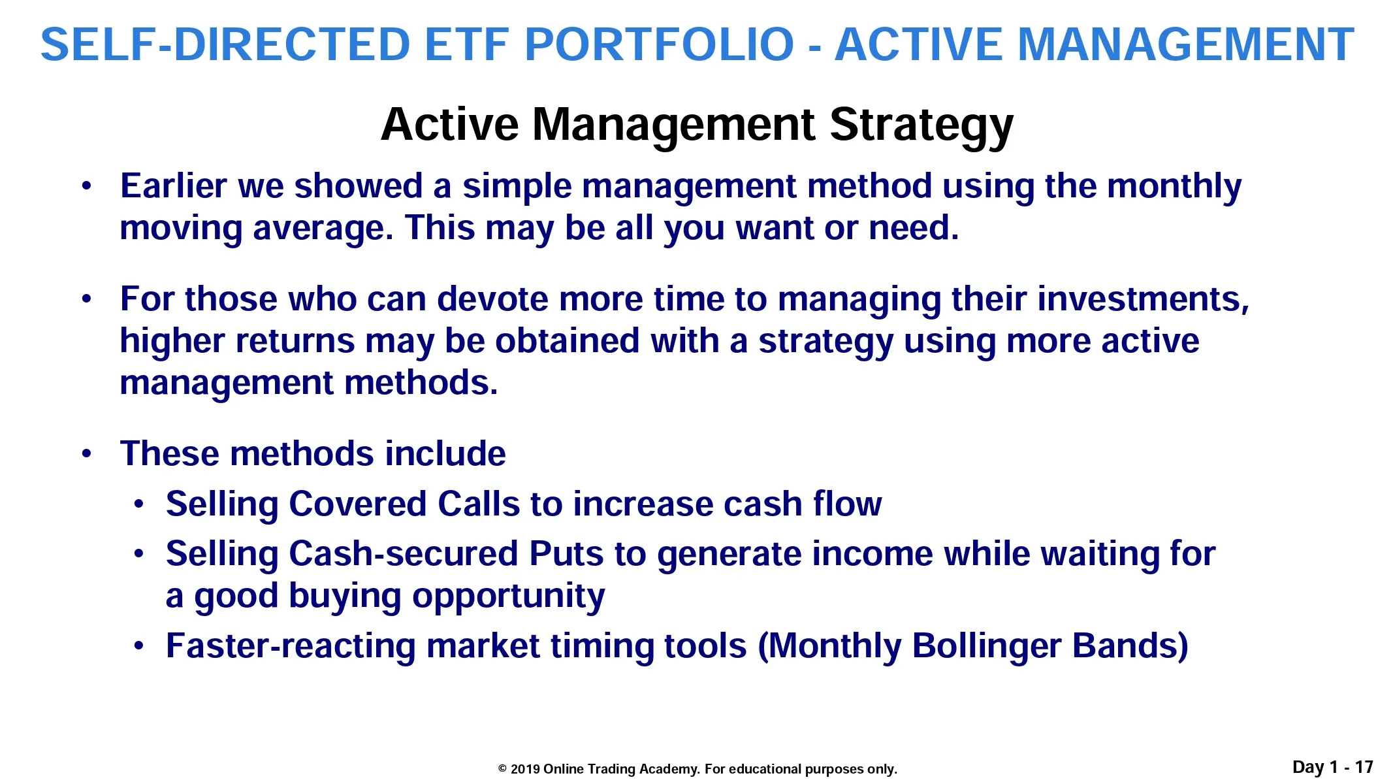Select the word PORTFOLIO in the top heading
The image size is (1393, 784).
[660, 44]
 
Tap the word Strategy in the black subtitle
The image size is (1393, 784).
[921, 125]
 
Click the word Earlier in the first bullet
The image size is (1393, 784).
[174, 186]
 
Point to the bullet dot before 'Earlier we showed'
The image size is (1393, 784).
[87, 186]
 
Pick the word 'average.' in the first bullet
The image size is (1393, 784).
[323, 229]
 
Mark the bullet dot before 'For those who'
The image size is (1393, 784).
[87, 299]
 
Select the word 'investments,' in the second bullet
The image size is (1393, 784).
[1143, 299]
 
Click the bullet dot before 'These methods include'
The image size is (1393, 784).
[87, 454]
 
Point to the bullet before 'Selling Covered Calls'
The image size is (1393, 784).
[138, 504]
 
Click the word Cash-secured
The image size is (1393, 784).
[404, 554]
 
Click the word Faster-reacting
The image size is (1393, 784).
[291, 646]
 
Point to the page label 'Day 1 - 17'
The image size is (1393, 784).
[1333, 767]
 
